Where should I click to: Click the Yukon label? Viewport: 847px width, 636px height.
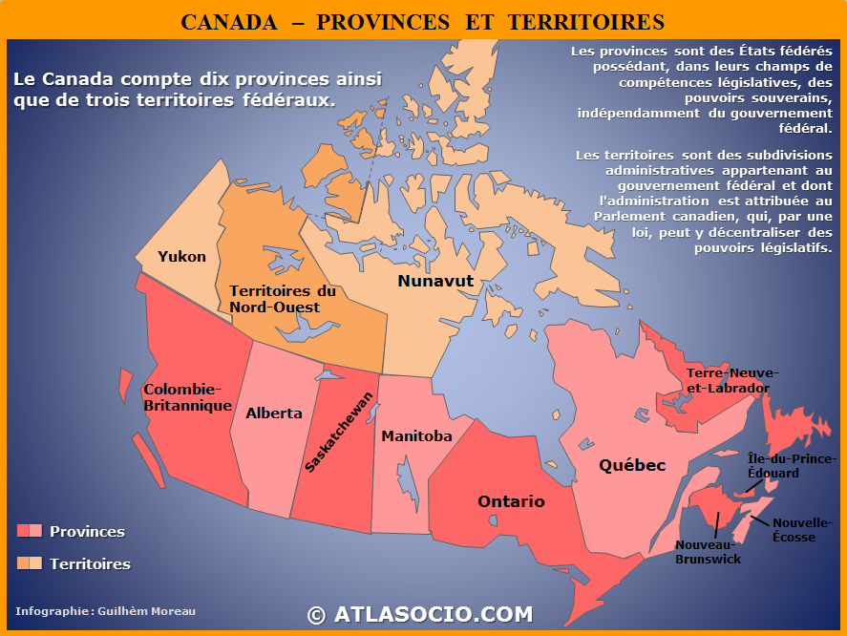click(181, 257)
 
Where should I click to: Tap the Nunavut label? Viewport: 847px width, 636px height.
click(435, 281)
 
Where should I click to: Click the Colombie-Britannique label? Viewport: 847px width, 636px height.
click(187, 397)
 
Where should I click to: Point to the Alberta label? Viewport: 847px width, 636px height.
click(273, 413)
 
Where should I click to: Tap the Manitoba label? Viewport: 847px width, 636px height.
click(416, 436)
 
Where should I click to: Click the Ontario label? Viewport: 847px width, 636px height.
click(511, 501)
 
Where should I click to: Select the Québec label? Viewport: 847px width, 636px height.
click(631, 465)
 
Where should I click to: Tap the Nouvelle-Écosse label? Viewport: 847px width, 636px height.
click(801, 530)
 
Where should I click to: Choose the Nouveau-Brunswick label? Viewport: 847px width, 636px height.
click(708, 552)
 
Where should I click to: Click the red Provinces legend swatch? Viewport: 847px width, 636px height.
click(30, 531)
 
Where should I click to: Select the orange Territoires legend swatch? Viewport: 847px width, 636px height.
click(30, 563)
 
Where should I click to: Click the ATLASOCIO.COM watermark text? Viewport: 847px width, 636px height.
click(420, 615)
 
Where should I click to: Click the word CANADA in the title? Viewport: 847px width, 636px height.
click(229, 22)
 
